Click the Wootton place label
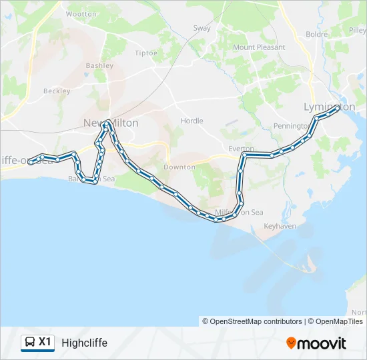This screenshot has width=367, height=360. click(81, 13)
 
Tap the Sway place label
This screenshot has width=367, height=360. click(202, 28)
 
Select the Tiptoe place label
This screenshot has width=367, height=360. click(146, 53)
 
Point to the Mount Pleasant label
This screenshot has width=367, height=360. click(258, 47)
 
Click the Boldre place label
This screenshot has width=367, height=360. click(316, 34)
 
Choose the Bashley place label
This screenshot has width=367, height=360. click(99, 66)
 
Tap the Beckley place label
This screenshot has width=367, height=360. click(57, 91)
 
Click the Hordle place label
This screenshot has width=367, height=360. click(192, 121)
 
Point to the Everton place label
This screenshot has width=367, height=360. click(241, 149)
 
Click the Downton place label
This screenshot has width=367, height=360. click(179, 167)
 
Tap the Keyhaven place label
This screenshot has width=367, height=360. click(280, 227)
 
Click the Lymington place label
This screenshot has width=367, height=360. click(329, 107)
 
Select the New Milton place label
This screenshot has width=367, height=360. click(111, 123)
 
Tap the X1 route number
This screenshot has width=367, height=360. click(45, 342)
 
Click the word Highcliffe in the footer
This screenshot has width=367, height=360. click(84, 343)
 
